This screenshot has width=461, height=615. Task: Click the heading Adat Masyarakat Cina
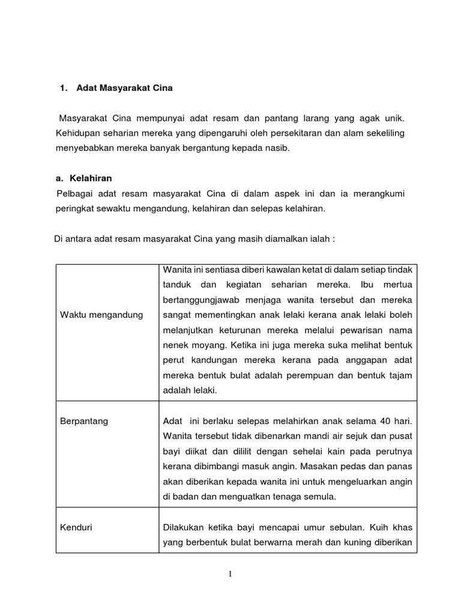click(x=124, y=88)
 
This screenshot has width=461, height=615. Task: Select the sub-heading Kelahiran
click(x=91, y=178)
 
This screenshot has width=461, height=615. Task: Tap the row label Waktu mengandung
click(x=101, y=315)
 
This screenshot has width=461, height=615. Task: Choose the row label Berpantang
click(x=84, y=421)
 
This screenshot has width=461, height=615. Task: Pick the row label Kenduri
click(x=76, y=527)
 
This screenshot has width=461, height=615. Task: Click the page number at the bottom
click(x=230, y=574)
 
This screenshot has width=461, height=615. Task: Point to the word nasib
click(x=277, y=148)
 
